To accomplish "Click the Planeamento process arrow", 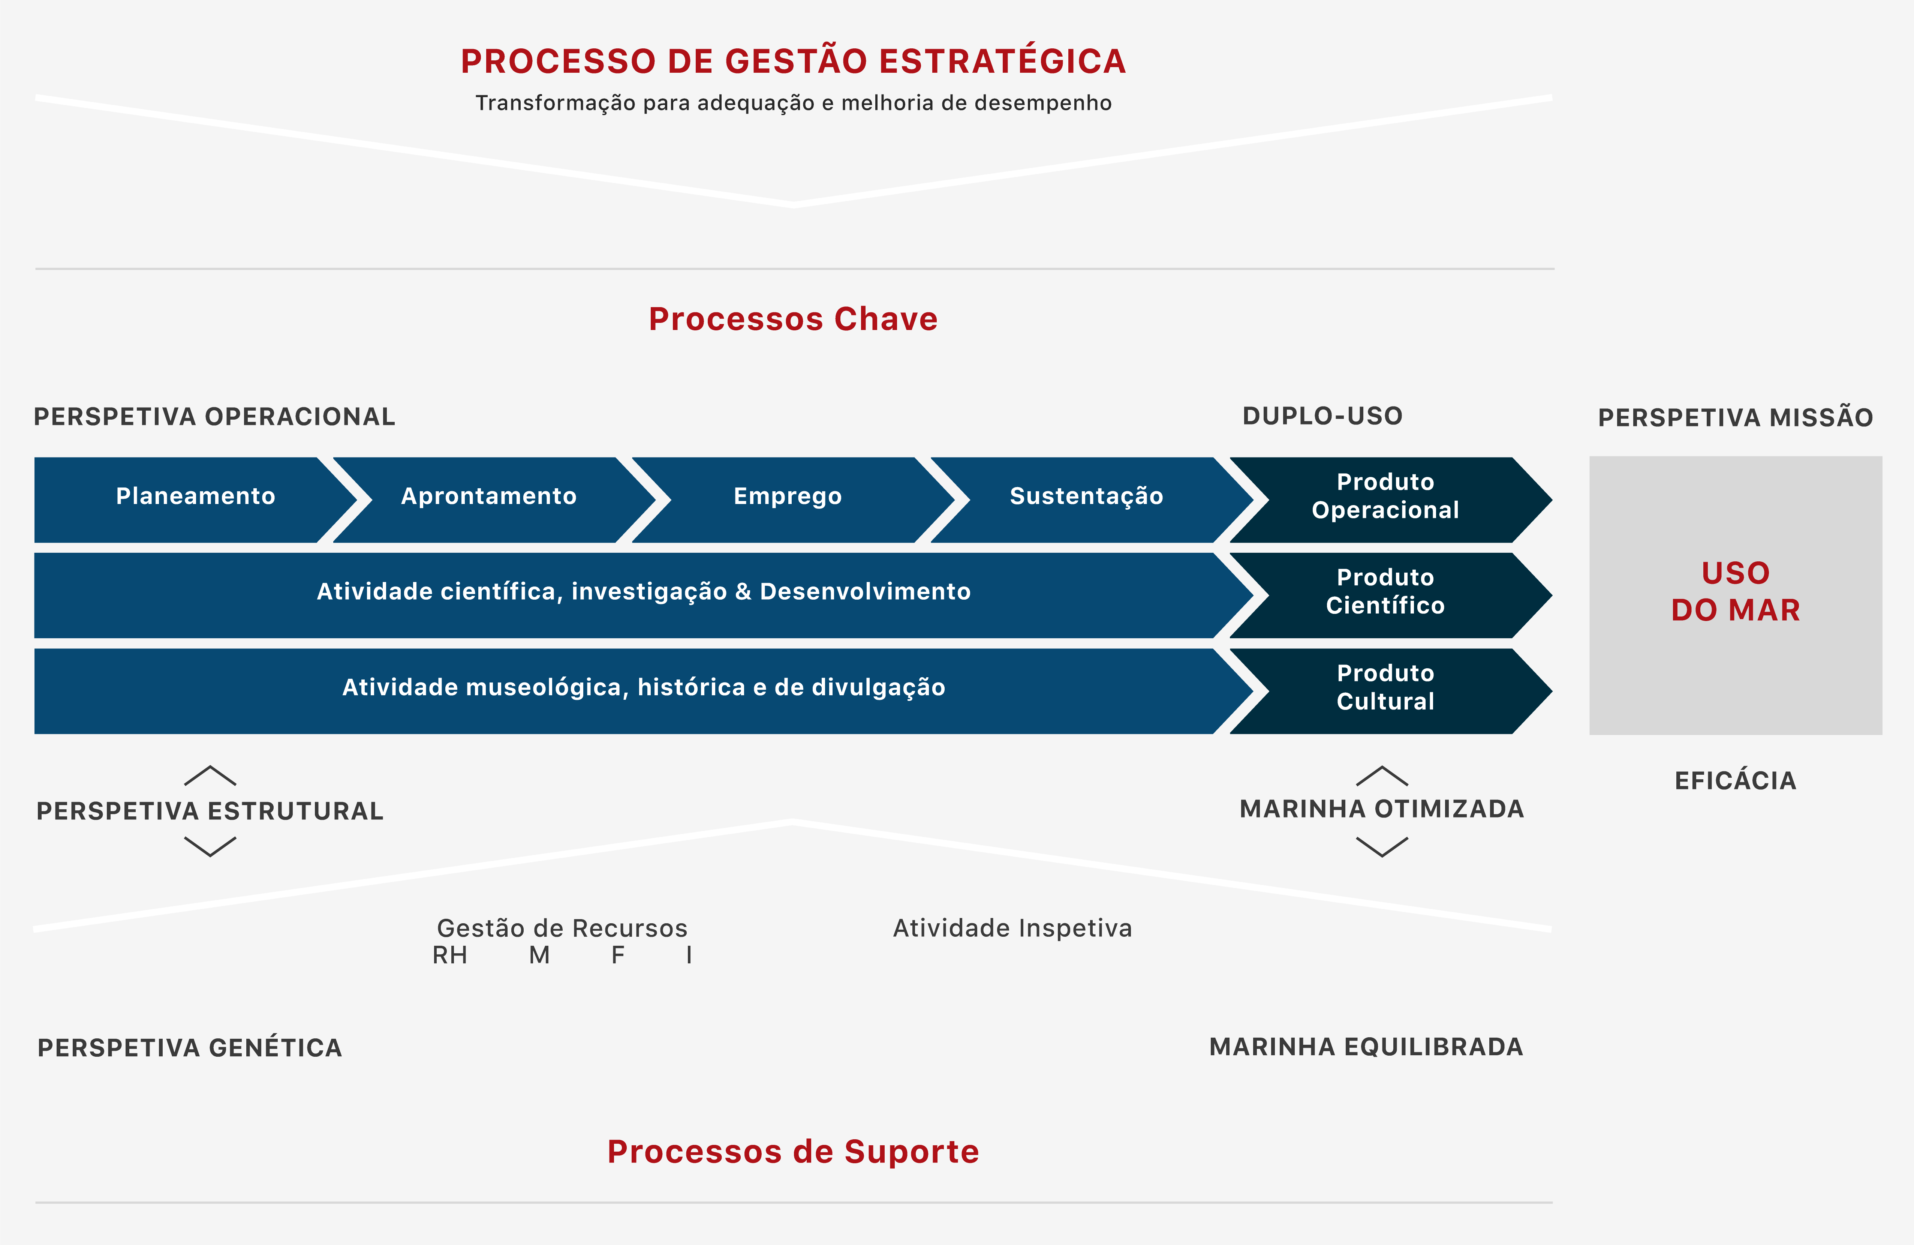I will pos(195,496).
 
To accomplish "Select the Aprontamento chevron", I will pos(489,496).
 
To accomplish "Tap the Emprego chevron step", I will pos(787,496).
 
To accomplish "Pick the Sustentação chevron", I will pos(1086,496).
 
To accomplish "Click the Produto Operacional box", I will pos(1385,496).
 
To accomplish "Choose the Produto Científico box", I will pos(1385,592).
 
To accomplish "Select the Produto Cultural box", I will pos(1385,688).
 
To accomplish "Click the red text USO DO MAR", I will pos(1736,592).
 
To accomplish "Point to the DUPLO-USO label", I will pos(1322,416).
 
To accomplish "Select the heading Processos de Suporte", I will pos(793,1152).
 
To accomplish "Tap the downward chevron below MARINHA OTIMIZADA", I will pos(1382,847).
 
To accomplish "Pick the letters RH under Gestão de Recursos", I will pos(449,955).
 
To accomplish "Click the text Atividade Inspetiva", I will pos(1012,928).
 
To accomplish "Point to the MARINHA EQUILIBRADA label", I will pos(1366,1047).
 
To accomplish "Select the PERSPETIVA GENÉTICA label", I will pos(190,1048).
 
